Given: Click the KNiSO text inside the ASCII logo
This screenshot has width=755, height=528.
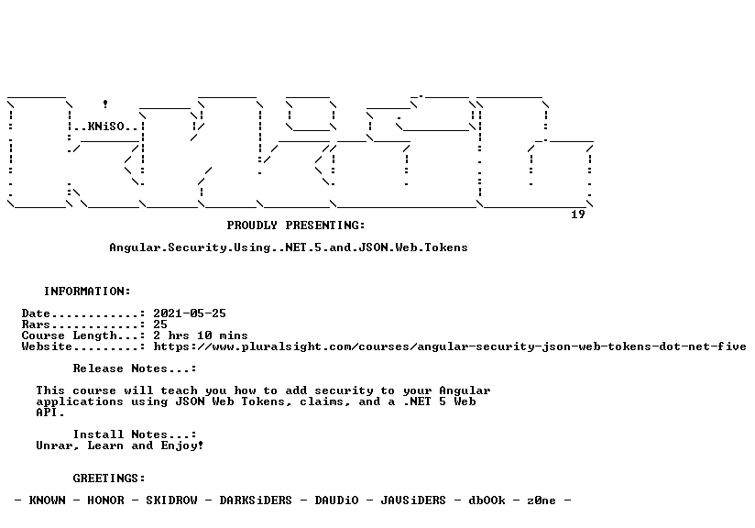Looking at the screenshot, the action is click(x=106, y=126).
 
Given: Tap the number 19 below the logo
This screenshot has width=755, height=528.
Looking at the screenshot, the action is click(x=578, y=214).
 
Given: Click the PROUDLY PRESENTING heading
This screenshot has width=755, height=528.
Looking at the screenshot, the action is click(x=296, y=225).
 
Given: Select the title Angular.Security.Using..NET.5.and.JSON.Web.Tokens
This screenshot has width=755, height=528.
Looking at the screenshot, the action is click(x=289, y=247).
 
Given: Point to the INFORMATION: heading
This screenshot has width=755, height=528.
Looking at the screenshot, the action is click(x=87, y=291).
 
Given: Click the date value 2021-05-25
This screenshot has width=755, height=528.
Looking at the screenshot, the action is click(x=190, y=313).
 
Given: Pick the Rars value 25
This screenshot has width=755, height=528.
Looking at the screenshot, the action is click(x=160, y=324).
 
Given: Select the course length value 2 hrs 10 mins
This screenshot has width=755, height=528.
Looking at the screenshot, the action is click(x=201, y=335).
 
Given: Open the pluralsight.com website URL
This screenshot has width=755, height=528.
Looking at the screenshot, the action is click(x=450, y=346).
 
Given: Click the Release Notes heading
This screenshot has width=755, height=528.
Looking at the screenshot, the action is click(x=135, y=368).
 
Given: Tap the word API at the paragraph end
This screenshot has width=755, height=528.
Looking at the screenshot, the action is click(x=47, y=412).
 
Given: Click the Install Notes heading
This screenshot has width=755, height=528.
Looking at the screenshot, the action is click(x=135, y=434).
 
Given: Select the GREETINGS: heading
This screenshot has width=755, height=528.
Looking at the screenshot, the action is click(x=109, y=478).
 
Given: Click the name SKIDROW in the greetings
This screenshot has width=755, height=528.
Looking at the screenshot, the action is click(x=172, y=500).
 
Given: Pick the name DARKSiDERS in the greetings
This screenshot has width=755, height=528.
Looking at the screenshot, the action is click(x=256, y=500).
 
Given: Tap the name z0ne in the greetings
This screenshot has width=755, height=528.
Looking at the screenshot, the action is click(x=542, y=500).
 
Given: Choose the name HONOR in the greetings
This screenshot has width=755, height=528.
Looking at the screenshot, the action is click(x=106, y=500).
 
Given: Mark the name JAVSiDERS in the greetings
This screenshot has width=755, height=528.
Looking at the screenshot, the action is click(x=413, y=500).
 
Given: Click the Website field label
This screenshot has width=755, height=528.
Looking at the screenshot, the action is click(x=47, y=346).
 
